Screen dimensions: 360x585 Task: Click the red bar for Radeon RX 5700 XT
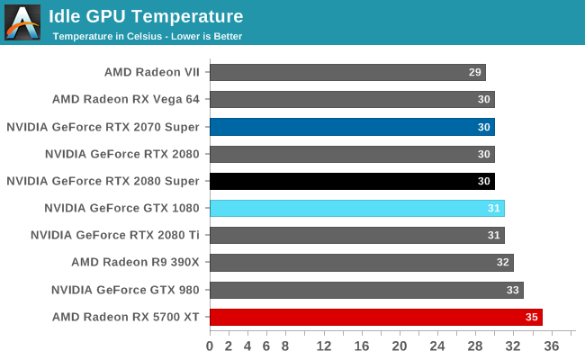(376, 317)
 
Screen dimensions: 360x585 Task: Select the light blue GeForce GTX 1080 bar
(357, 208)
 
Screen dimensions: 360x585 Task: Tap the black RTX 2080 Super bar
(352, 181)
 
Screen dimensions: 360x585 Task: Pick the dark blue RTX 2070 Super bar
(352, 127)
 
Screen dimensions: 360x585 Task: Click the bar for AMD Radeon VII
(347, 72)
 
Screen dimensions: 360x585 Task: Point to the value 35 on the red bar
(532, 317)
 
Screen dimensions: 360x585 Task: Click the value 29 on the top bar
(475, 72)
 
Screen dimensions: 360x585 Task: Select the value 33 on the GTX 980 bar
(513, 290)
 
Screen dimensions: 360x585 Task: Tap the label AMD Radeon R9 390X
(135, 263)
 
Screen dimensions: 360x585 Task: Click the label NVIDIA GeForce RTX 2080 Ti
(115, 235)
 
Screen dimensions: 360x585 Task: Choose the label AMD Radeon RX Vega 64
(125, 100)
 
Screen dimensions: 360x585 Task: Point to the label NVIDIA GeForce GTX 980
(125, 290)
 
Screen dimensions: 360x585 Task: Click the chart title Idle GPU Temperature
(145, 16)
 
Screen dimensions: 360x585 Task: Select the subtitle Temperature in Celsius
(147, 36)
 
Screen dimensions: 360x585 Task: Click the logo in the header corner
(22, 22)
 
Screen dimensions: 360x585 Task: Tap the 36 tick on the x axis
(552, 346)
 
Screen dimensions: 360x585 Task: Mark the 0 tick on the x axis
(210, 346)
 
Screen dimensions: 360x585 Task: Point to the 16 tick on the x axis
(362, 346)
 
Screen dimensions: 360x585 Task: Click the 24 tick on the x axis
(437, 346)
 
